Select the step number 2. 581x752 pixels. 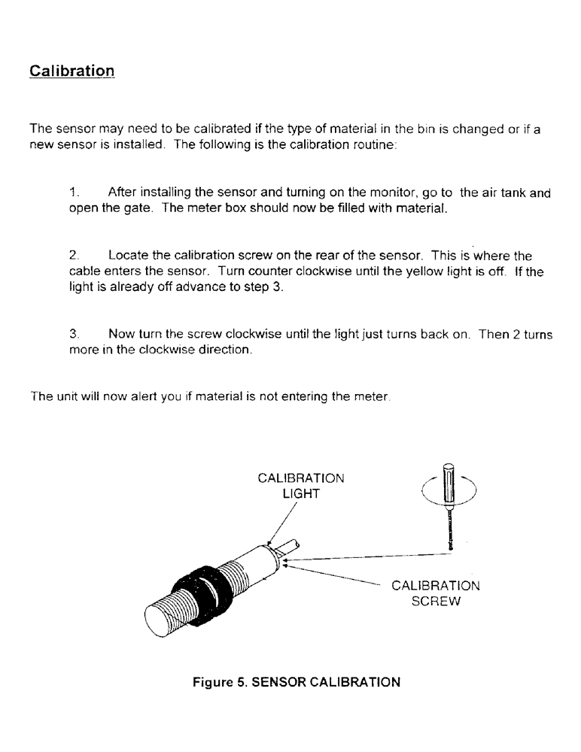pos(74,256)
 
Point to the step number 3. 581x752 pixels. pos(74,335)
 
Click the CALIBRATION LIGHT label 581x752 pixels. pos(301,486)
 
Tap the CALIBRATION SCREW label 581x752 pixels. pos(436,593)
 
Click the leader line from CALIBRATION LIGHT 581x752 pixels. pos(285,522)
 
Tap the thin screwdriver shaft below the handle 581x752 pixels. pos(449,530)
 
